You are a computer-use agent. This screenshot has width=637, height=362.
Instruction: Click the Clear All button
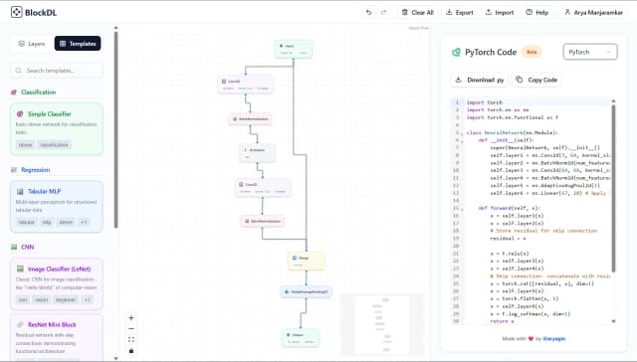[x=416, y=13]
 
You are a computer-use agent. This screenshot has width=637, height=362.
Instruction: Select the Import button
[x=500, y=13]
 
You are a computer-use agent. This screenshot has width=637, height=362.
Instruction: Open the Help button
[x=537, y=13]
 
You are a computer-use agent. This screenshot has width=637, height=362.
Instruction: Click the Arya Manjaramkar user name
[x=595, y=13]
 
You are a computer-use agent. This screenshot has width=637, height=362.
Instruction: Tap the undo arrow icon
[x=369, y=13]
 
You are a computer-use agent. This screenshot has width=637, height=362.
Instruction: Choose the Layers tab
[x=32, y=44]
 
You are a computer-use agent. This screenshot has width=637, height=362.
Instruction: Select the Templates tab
[x=78, y=44]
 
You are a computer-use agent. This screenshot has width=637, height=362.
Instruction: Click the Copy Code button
[x=537, y=80]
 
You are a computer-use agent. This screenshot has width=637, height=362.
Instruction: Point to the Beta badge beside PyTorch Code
[x=532, y=52]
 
